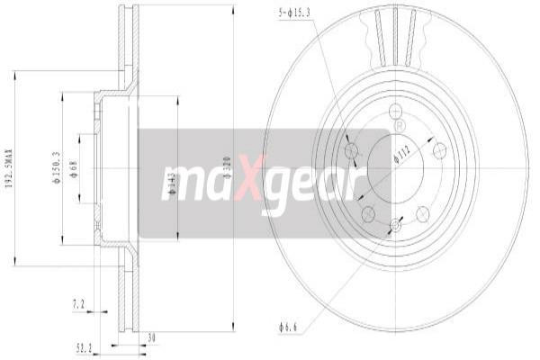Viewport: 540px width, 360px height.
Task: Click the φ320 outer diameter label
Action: [227, 168]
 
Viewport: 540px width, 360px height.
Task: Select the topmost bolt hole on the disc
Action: [395, 111]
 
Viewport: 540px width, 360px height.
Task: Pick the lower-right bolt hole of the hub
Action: [422, 213]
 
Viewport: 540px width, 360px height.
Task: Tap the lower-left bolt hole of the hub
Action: [367, 213]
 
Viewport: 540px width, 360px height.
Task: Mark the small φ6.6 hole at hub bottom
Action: [395, 228]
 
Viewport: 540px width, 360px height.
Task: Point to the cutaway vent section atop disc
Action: [394, 36]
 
